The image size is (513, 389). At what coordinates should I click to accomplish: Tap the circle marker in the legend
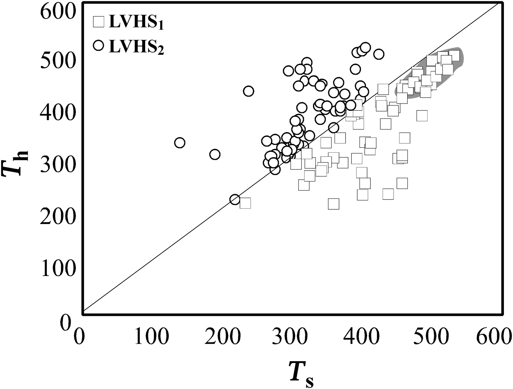pos(99,45)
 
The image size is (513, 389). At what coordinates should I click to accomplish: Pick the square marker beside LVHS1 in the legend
pos(99,22)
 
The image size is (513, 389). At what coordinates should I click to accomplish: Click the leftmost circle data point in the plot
pos(180,143)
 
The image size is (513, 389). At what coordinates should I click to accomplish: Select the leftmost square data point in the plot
pos(245,203)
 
